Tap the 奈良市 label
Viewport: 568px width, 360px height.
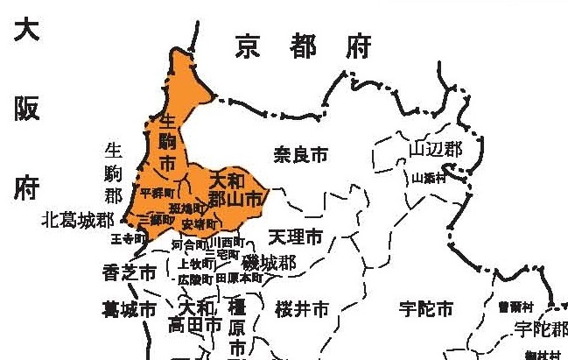pos(300,155)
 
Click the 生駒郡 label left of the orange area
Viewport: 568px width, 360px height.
pos(114,168)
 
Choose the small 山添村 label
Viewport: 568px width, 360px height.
pos(430,178)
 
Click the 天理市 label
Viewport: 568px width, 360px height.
pos(295,237)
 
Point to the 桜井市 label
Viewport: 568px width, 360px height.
pos(301,309)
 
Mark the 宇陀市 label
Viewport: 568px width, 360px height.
pos(425,309)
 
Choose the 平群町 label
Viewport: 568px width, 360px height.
pos(157,193)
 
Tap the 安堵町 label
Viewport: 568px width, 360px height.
pos(198,224)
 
